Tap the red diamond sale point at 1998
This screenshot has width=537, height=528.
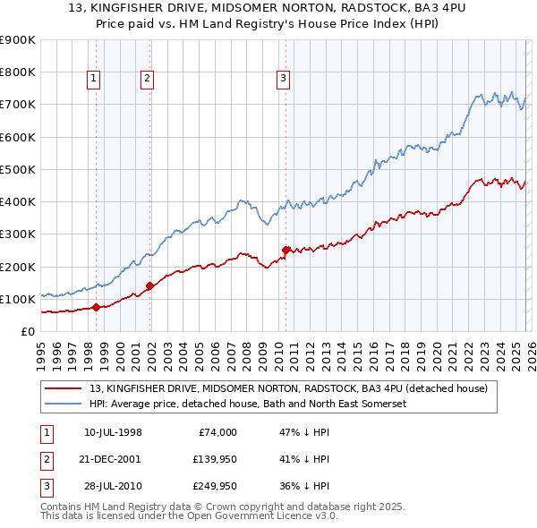[x=96, y=308]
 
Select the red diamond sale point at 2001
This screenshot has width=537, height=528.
[x=149, y=286]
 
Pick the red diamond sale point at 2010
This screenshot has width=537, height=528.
[x=286, y=250]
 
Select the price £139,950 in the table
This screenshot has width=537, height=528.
[x=213, y=459]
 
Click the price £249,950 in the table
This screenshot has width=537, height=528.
[x=213, y=486]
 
